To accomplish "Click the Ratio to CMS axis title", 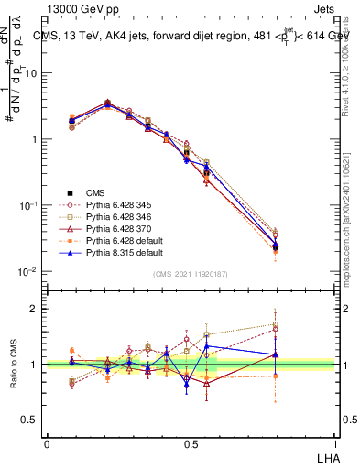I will (14, 365).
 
